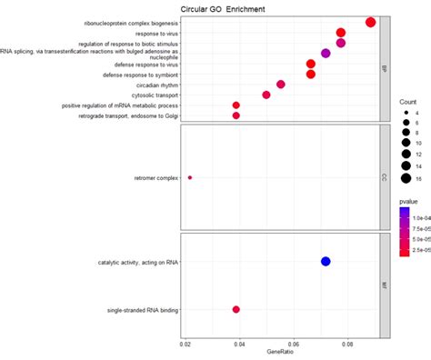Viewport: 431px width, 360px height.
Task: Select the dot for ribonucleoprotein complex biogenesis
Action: click(x=370, y=23)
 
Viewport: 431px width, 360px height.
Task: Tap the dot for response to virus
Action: click(x=341, y=33)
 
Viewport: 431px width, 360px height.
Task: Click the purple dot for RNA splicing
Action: click(x=326, y=54)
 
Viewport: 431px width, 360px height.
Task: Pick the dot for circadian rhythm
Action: click(x=281, y=85)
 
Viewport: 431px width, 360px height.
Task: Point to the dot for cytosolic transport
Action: click(x=266, y=95)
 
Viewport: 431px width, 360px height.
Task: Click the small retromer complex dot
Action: click(x=190, y=177)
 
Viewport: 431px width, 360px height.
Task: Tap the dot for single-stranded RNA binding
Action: click(x=236, y=310)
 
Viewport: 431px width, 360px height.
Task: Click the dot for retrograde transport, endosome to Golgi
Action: click(x=236, y=115)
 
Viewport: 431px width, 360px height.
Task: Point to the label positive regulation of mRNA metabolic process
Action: click(x=121, y=105)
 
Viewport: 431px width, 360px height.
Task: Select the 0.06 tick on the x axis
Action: click(x=293, y=344)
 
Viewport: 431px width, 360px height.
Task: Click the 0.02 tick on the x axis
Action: click(x=185, y=344)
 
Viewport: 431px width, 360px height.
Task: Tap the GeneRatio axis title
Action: click(x=280, y=353)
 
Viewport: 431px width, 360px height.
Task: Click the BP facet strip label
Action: click(x=386, y=68)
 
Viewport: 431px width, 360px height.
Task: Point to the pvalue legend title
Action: click(x=409, y=199)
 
